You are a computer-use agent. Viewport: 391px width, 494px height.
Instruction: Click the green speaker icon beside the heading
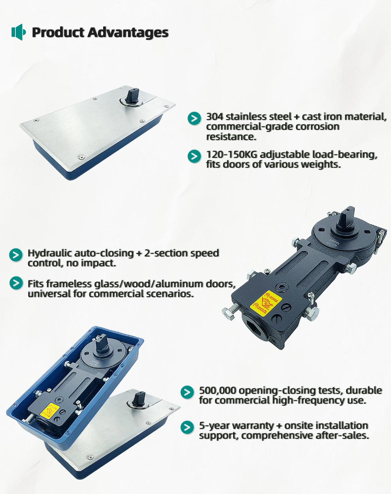[x=19, y=32]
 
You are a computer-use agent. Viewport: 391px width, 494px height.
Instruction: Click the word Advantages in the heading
[x=128, y=32]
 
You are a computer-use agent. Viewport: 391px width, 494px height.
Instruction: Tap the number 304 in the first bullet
[x=214, y=117]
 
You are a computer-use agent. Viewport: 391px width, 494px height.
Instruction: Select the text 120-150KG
[x=232, y=155]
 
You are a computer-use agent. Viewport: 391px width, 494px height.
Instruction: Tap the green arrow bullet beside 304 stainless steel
[x=194, y=118]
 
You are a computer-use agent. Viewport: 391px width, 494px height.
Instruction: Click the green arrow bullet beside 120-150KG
[x=194, y=156]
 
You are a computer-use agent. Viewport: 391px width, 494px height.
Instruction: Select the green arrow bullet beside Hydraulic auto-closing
[x=16, y=255]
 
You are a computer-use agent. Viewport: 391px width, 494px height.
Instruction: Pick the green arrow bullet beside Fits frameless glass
[x=16, y=283]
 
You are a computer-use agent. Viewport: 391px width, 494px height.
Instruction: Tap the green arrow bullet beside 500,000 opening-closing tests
[x=187, y=392]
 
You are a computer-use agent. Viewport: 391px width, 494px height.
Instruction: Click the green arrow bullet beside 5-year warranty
[x=187, y=427]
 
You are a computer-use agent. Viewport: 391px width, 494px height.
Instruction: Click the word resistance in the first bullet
[x=231, y=137]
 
